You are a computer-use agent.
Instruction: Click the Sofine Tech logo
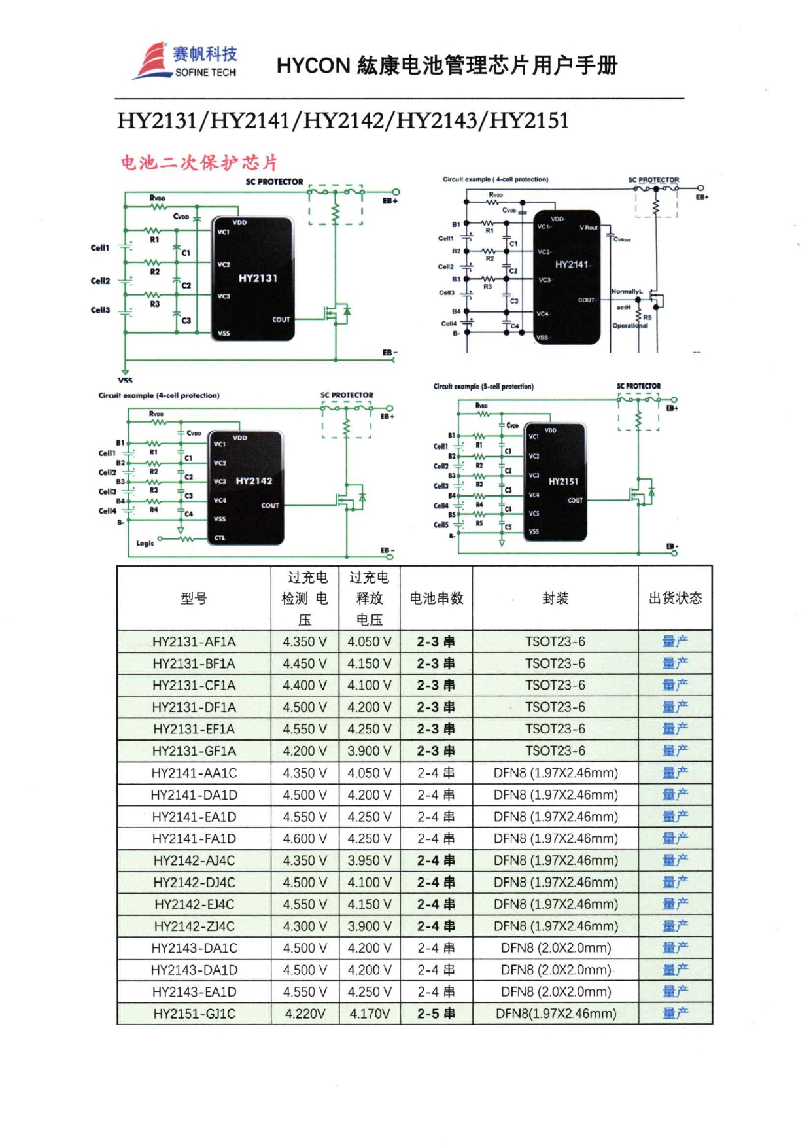(x=186, y=61)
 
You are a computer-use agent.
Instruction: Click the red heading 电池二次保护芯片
(x=199, y=162)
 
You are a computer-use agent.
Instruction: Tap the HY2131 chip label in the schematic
(x=258, y=278)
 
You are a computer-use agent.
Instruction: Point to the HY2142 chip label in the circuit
(x=254, y=481)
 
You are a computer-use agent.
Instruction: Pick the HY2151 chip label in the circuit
(x=563, y=482)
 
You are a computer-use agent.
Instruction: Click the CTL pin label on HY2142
(x=220, y=538)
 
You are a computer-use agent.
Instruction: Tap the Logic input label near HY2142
(x=145, y=543)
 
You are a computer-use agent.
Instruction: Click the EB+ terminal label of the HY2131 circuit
(x=390, y=201)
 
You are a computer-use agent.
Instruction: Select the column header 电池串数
(x=436, y=598)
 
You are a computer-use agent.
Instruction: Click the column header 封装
(x=555, y=598)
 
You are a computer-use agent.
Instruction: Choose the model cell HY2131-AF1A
(x=194, y=642)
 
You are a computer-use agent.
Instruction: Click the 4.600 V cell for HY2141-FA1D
(x=305, y=839)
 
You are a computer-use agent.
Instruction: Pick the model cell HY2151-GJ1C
(x=194, y=1014)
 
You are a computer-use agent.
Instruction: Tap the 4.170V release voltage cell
(x=370, y=1014)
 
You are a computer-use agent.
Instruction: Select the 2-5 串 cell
(x=436, y=1014)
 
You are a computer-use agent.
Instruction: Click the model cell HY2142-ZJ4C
(x=194, y=926)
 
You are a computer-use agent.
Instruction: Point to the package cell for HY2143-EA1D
(x=555, y=992)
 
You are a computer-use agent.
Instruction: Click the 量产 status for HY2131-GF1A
(x=675, y=751)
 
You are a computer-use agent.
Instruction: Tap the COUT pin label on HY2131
(x=281, y=320)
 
